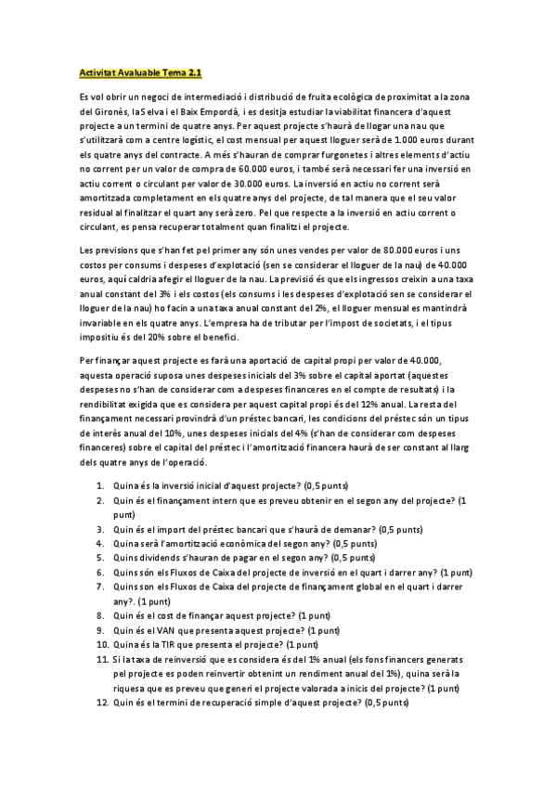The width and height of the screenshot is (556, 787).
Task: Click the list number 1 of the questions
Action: [99, 485]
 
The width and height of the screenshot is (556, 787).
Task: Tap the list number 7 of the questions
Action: [99, 587]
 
